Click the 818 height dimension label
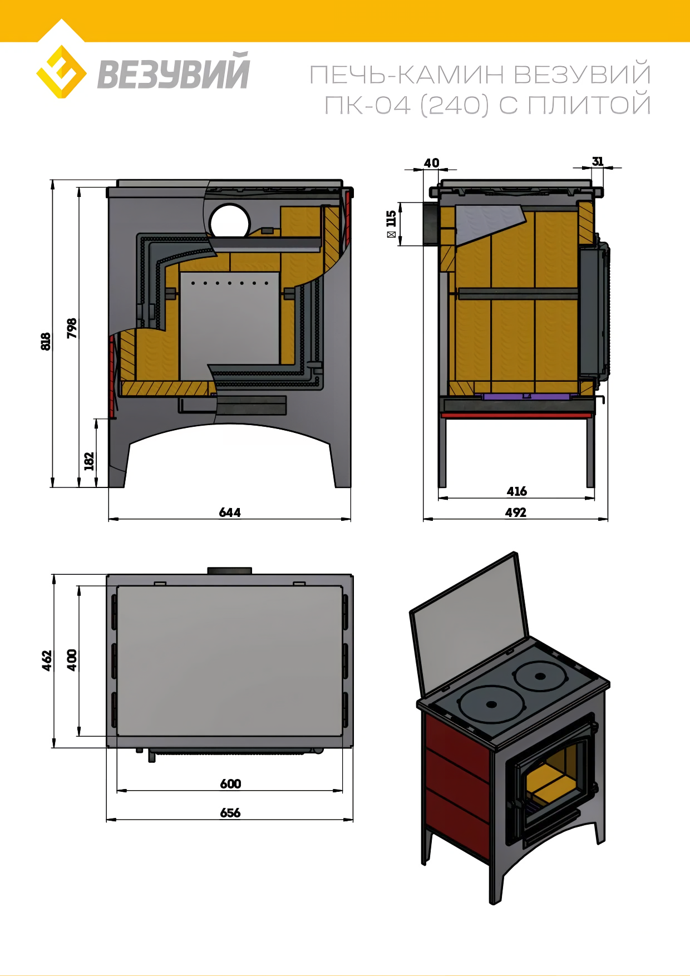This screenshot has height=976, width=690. pos(46,341)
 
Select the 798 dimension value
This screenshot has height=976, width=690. pos(72,328)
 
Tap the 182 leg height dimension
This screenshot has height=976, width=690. pos(89,461)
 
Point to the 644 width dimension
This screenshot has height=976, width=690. pos(230,512)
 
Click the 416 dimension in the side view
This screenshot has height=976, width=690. pos(516,491)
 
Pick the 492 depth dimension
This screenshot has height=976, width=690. pos(516,512)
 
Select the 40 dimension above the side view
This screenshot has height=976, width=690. pos(431,163)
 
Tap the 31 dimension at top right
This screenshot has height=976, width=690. pos(598,161)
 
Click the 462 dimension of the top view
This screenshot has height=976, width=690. pos(47,660)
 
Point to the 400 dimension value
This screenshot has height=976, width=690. pos(72,660)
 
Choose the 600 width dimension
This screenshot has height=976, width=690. pos(230,784)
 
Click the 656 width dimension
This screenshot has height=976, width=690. pos(230,813)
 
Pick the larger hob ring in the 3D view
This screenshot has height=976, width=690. pos(491,704)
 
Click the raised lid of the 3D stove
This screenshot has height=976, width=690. pos(469,623)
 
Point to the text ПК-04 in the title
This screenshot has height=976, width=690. pos(367,105)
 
